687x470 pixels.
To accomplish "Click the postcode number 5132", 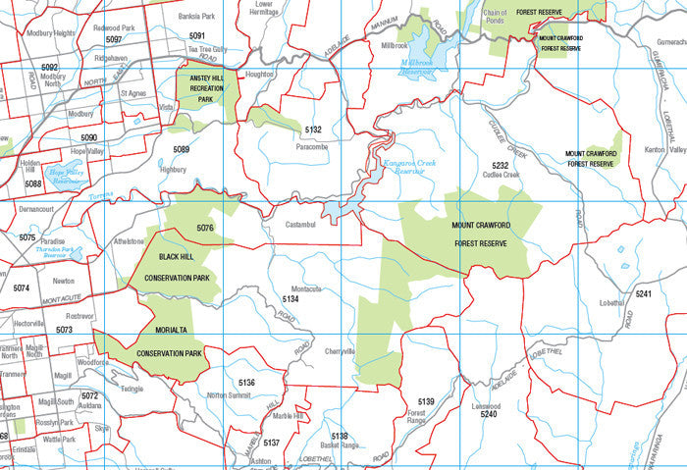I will click(313, 130).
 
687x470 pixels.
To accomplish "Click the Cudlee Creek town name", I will click(501, 176).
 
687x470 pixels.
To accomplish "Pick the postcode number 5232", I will click(501, 165).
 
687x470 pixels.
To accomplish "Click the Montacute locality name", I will click(306, 288).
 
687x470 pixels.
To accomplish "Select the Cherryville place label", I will click(338, 351).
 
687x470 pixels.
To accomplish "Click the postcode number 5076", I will click(205, 229).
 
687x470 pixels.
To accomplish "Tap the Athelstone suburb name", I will click(129, 240).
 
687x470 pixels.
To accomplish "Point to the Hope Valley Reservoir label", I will click(67, 177).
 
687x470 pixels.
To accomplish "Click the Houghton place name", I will click(259, 74).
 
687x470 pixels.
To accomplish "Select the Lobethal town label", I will click(611, 303).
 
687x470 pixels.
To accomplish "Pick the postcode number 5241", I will click(643, 294).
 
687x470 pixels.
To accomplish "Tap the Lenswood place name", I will click(486, 405).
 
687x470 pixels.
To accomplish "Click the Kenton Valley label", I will click(664, 149).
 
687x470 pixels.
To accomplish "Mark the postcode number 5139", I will click(426, 402).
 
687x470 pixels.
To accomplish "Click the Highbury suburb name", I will click(173, 169).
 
